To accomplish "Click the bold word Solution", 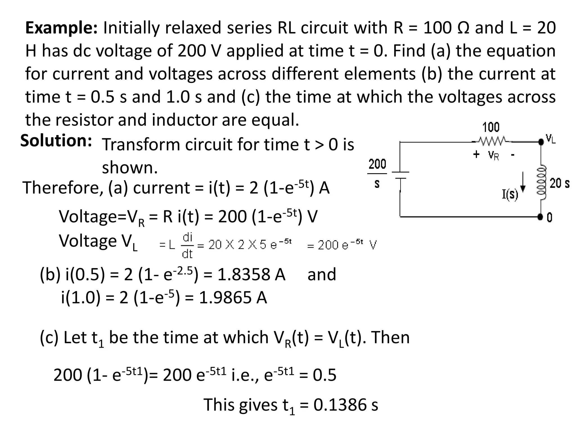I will [x=56, y=140].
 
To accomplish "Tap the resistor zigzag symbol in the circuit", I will [x=492, y=140].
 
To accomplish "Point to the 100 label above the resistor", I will [x=491, y=127].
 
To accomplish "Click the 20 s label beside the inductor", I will [x=559, y=183].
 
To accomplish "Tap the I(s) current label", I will [x=510, y=194].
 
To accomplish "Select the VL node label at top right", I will [x=550, y=139].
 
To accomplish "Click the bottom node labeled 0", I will [x=549, y=217].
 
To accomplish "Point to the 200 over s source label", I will [x=377, y=173].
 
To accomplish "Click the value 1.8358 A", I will [x=251, y=274].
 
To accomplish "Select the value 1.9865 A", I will [x=233, y=298].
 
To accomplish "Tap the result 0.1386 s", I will [x=346, y=405].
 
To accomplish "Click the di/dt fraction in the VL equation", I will [x=187, y=245].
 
